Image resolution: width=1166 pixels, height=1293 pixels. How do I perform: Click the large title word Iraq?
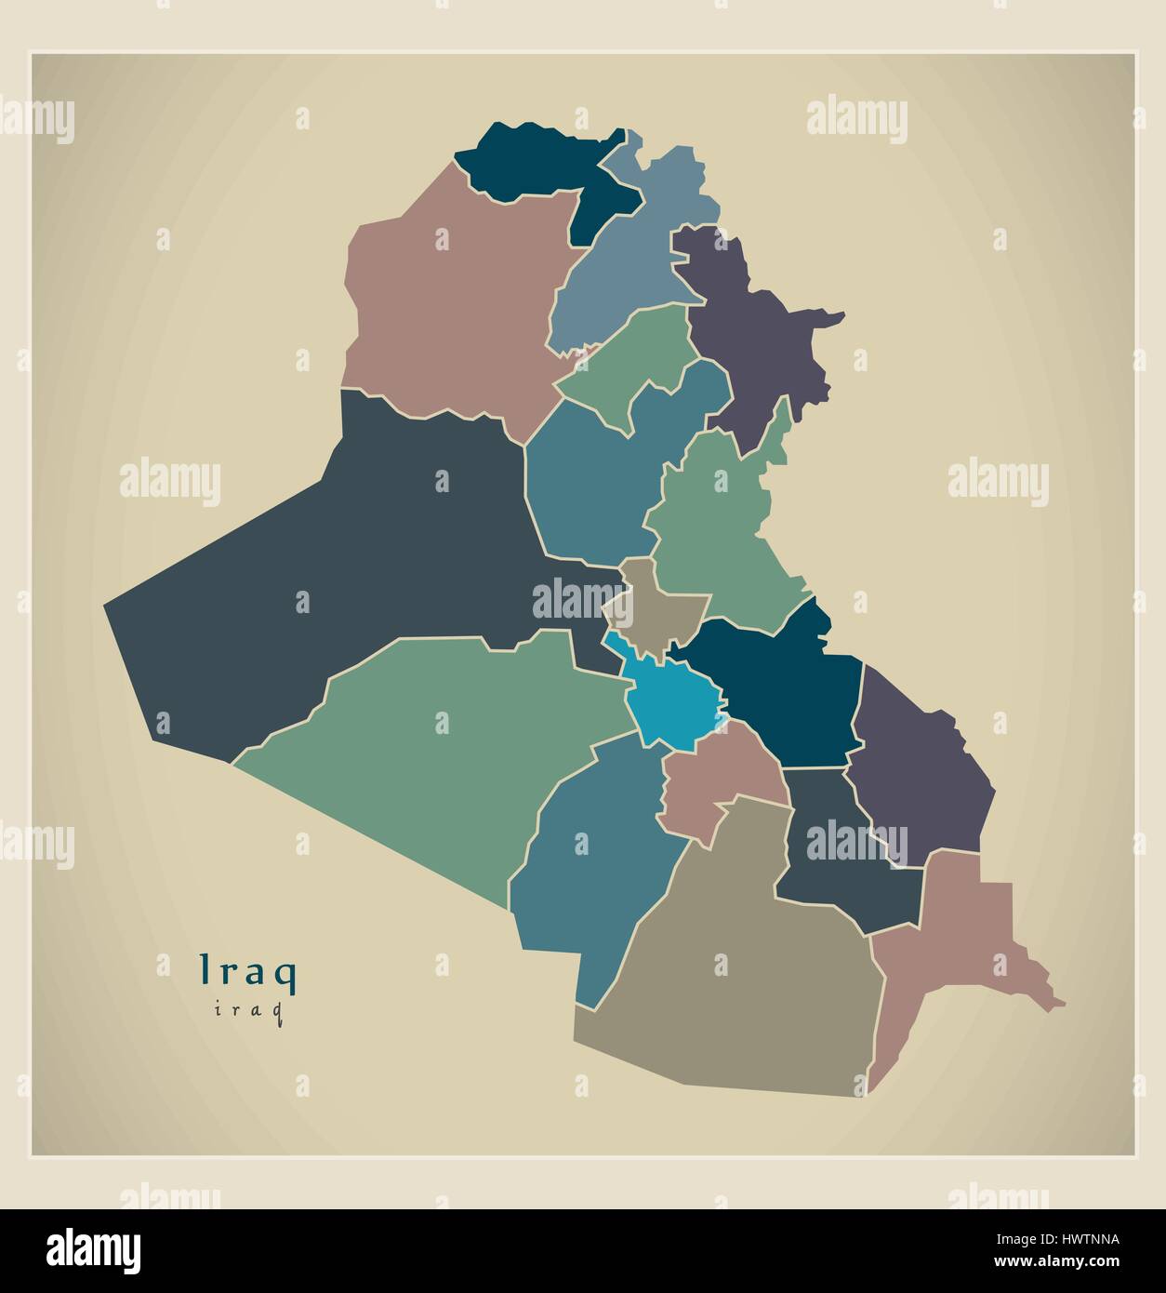249,971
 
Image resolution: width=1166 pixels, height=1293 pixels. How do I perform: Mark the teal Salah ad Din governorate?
595,474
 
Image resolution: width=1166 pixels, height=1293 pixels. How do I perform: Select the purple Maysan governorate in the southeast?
921,781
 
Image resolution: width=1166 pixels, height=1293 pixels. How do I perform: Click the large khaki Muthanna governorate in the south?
735,986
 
